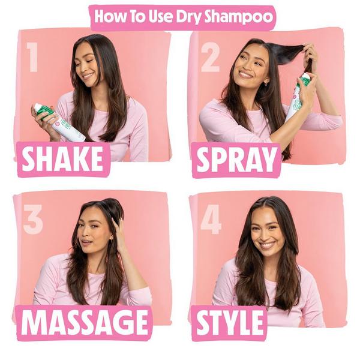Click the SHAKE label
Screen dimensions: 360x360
click(63, 160)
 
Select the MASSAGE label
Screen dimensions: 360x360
click(83, 323)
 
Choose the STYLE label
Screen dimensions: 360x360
click(229, 323)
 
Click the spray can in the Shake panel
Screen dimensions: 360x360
click(59, 122)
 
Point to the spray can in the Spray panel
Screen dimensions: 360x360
click(299, 96)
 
